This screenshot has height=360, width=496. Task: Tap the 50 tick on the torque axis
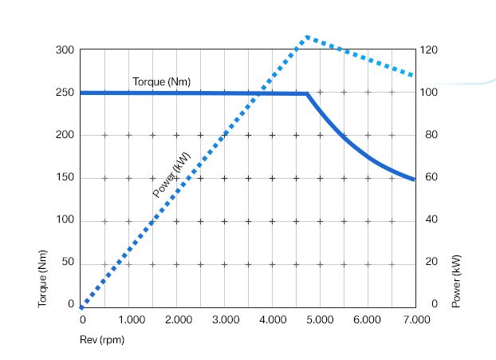click(x=67, y=262)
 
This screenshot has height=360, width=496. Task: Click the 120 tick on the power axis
click(x=430, y=50)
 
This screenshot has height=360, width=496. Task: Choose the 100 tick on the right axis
click(x=430, y=93)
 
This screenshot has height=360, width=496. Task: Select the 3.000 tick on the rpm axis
click(x=226, y=319)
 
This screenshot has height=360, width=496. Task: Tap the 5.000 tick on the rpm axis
click(x=321, y=319)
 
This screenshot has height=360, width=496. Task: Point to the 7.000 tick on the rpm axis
click(x=415, y=319)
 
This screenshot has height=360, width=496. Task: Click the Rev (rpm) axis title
click(x=102, y=339)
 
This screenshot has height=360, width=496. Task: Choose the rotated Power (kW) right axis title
click(x=456, y=281)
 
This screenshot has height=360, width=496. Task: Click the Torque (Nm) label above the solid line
click(x=161, y=81)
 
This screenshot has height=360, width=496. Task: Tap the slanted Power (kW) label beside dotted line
click(x=171, y=174)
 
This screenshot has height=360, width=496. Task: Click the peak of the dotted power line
click(x=306, y=37)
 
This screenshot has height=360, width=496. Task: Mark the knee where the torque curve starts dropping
click(x=308, y=94)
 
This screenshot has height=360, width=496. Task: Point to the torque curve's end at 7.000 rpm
click(x=415, y=180)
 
